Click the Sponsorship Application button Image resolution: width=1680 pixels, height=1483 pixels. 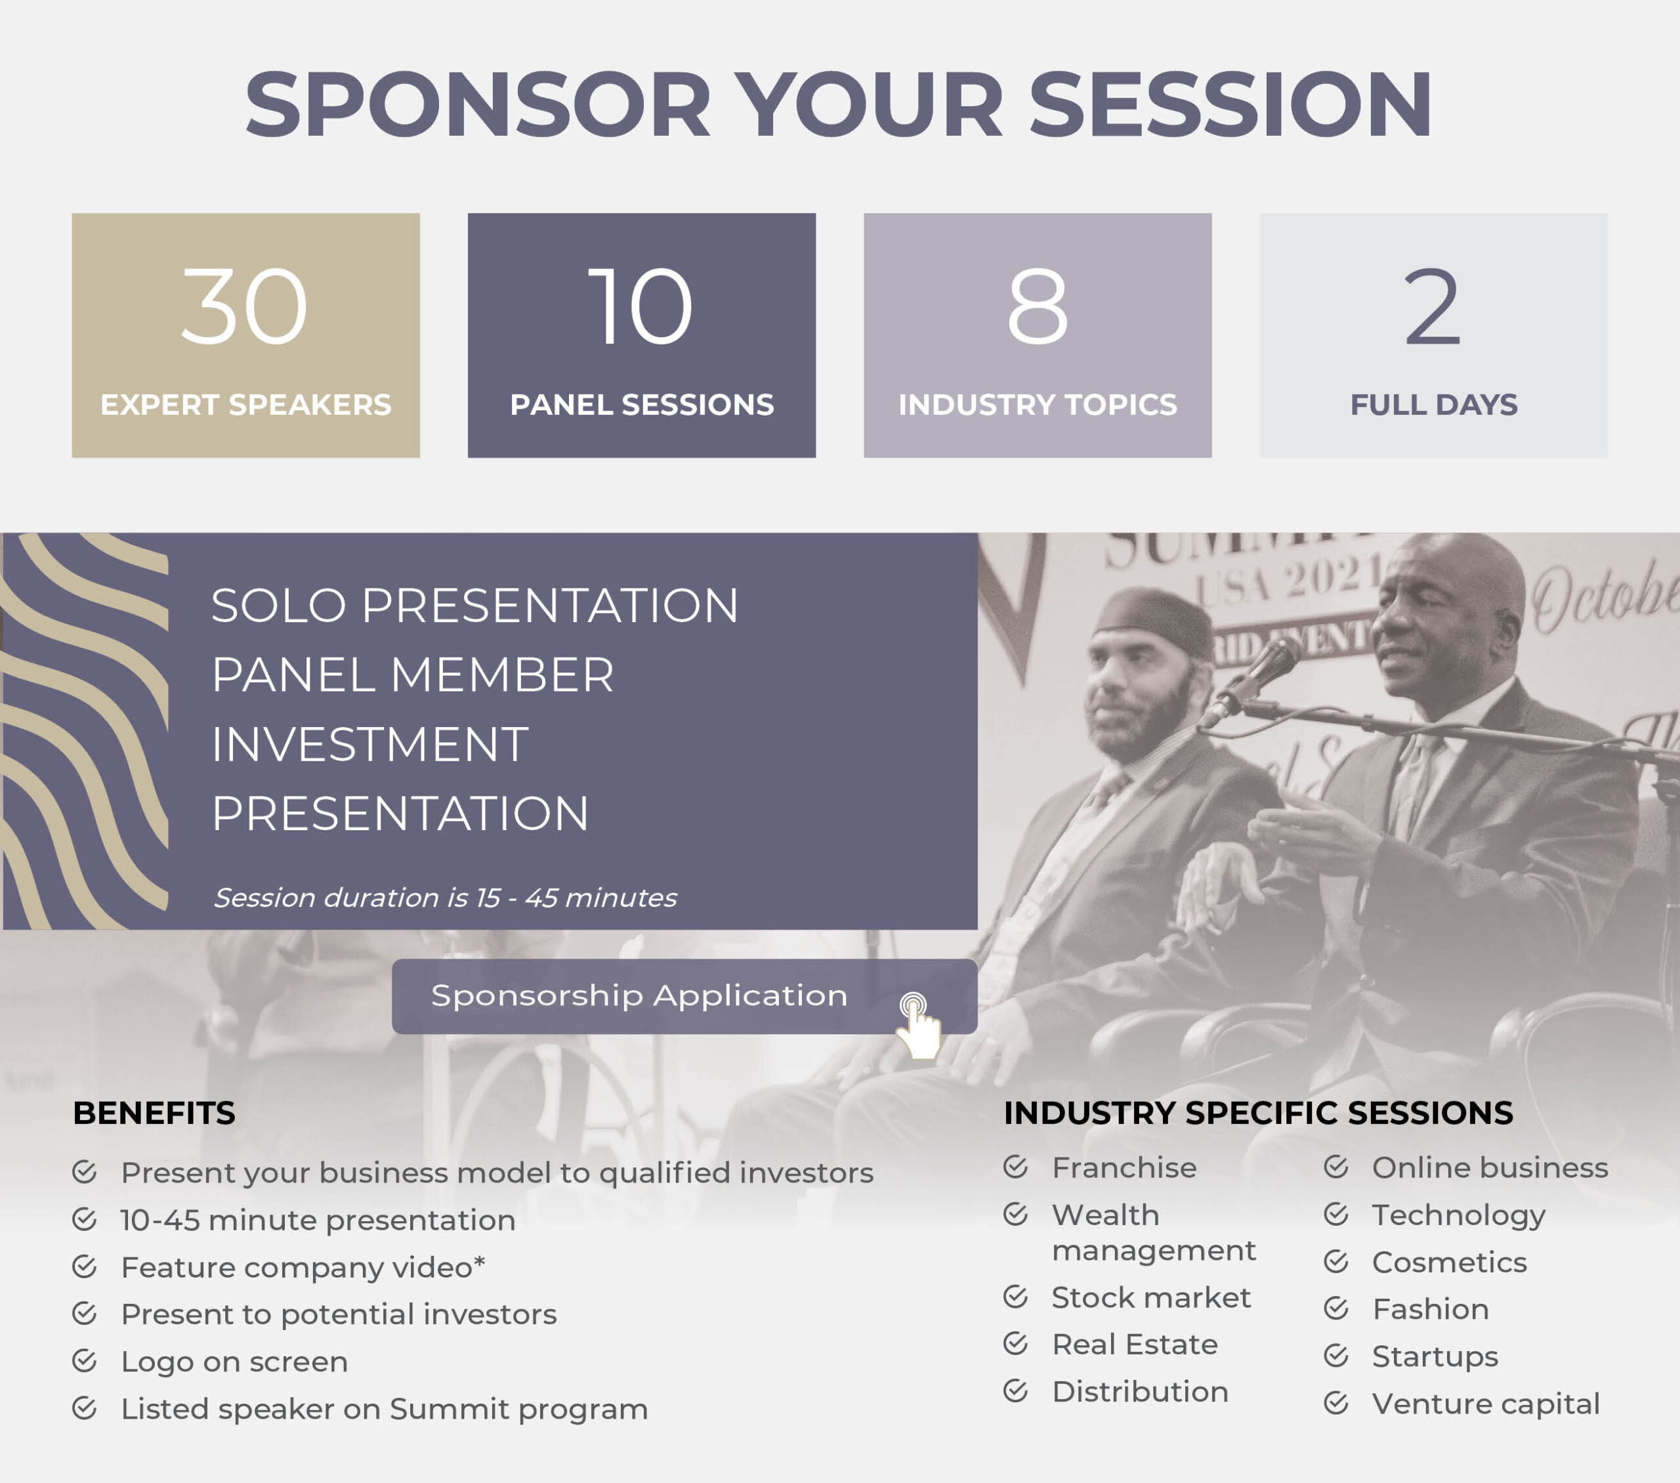[684, 995]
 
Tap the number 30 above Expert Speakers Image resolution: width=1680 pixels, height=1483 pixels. [244, 306]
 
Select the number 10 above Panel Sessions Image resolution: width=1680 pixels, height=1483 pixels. [641, 306]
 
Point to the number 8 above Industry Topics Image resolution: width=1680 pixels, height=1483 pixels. [1038, 306]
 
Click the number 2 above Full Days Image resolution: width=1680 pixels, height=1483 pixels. [1433, 306]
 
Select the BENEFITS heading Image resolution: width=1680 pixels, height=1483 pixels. [154, 1113]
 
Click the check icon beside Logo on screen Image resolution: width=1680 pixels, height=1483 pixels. [85, 1360]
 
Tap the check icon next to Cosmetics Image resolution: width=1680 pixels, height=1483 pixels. [1336, 1261]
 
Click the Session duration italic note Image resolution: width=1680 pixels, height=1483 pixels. [446, 897]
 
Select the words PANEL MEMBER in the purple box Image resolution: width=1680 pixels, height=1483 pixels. [413, 675]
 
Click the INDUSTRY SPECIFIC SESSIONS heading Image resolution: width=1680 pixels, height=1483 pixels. [1258, 1113]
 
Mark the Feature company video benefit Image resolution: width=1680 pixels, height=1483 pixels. [303, 1267]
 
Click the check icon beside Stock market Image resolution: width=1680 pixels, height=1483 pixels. [1016, 1297]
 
